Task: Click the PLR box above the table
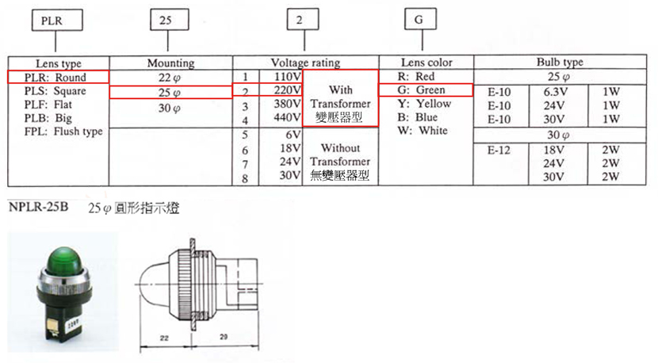tap(57, 21)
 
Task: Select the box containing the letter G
tap(420, 19)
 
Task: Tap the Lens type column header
tap(59, 63)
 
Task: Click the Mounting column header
tap(170, 63)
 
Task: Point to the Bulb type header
tap(560, 62)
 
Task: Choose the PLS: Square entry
tap(55, 91)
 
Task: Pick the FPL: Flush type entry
tap(63, 132)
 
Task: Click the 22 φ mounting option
tap(170, 78)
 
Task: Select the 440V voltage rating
tap(288, 117)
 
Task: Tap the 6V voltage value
tap(293, 135)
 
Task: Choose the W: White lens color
tap(423, 131)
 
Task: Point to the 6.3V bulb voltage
tap(556, 92)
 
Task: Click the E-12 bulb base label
tap(499, 150)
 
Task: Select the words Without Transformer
tap(340, 155)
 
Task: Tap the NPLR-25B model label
tap(39, 207)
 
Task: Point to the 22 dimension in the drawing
tap(165, 338)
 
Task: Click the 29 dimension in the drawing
tap(224, 337)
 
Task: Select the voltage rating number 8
tap(245, 179)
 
